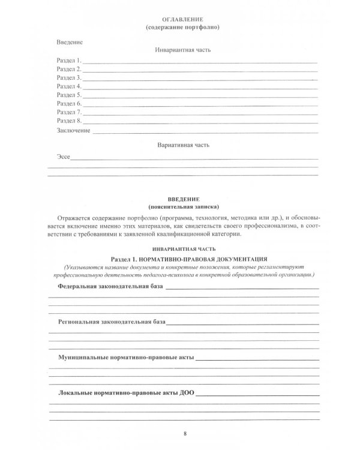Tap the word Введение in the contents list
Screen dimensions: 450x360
pyautogui.click(x=69, y=43)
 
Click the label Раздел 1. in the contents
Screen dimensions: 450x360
pyautogui.click(x=68, y=61)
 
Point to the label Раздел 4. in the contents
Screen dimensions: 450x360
pyautogui.click(x=68, y=86)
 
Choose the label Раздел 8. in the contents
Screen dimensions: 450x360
pyautogui.click(x=68, y=121)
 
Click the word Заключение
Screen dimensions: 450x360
pyautogui.click(x=73, y=130)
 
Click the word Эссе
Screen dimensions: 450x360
pyautogui.click(x=63, y=157)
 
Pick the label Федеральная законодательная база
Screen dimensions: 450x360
pyautogui.click(x=110, y=287)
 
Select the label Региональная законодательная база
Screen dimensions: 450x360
pyautogui.click(x=112, y=322)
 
